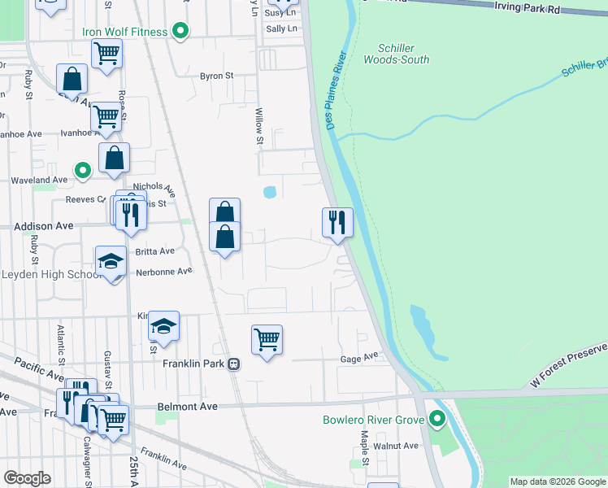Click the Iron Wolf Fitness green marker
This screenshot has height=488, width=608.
pyautogui.click(x=182, y=32)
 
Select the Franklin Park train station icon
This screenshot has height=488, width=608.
pyautogui.click(x=233, y=364)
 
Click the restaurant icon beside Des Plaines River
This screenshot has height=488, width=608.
pyautogui.click(x=337, y=222)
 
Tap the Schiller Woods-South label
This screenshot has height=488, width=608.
pyautogui.click(x=396, y=54)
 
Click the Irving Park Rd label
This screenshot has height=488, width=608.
pyautogui.click(x=528, y=8)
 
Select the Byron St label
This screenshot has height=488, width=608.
pyautogui.click(x=216, y=76)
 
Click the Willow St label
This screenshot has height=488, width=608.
pyautogui.click(x=259, y=126)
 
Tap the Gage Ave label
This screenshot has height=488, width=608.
pyautogui.click(x=360, y=357)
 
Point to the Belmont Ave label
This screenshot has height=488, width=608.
pyautogui.click(x=185, y=406)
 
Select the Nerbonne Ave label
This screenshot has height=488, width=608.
pyautogui.click(x=163, y=271)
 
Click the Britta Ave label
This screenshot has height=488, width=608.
pyautogui.click(x=155, y=251)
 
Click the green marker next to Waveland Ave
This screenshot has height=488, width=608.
pyautogui.click(x=82, y=171)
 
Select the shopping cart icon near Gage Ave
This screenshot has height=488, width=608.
pyautogui.click(x=267, y=339)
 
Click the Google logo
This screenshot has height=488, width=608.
pyautogui.click(x=27, y=478)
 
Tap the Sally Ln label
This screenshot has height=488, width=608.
pyautogui.click(x=281, y=28)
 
